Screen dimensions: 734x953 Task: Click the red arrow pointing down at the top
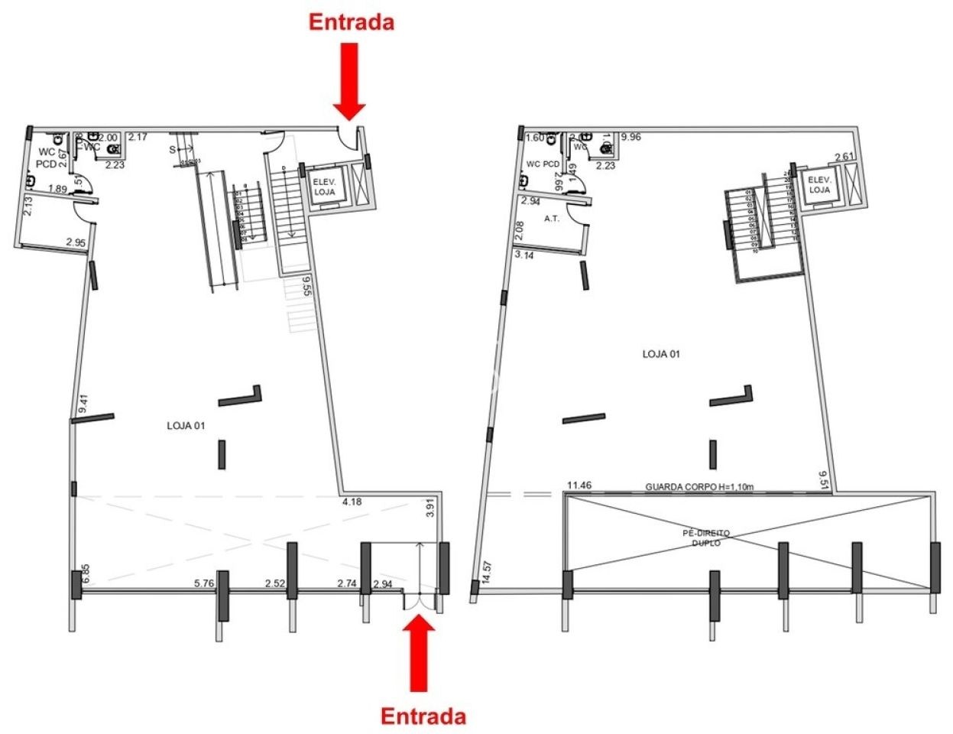(348, 81)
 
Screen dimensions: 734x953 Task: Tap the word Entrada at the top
(352, 22)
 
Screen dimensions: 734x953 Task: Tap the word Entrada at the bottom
(423, 716)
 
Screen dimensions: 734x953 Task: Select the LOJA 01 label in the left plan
(186, 425)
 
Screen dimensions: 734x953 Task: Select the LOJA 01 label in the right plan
(661, 354)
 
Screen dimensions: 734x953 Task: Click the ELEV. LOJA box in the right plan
(819, 184)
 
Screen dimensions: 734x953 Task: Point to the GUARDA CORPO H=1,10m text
(699, 486)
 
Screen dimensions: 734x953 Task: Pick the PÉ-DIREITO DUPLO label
(706, 538)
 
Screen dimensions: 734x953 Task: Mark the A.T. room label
(552, 219)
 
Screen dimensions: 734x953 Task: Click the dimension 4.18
(352, 502)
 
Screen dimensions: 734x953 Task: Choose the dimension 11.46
(579, 485)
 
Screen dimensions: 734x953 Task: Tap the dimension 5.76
(204, 583)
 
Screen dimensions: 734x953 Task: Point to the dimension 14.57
(486, 573)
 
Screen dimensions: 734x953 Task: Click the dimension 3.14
(524, 255)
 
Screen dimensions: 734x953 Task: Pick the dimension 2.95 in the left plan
(76, 242)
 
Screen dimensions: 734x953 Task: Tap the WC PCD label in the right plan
(543, 164)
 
